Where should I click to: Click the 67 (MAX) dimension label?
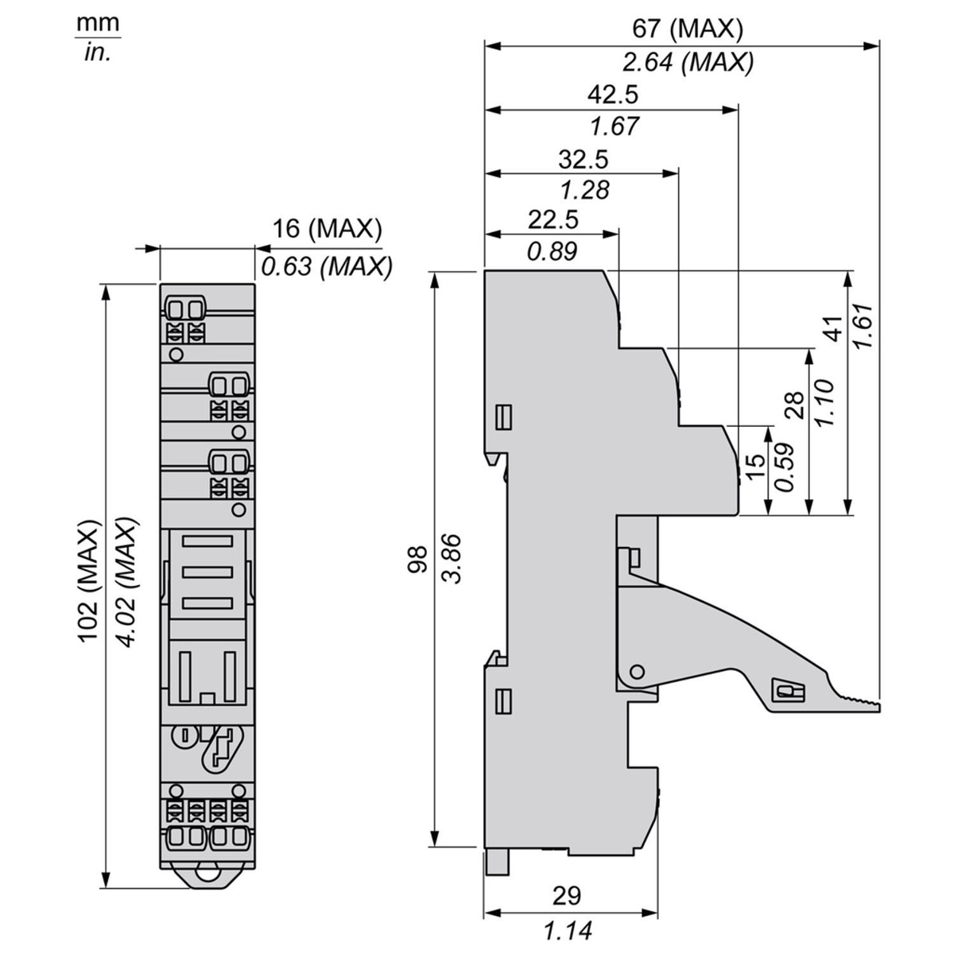coord(687,29)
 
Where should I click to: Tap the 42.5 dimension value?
coord(613,95)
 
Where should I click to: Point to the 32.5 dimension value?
coord(583,160)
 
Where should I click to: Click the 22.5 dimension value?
coord(553,219)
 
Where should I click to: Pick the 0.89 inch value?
coord(552,251)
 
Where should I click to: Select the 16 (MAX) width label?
coord(328,230)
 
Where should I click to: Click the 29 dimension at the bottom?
coord(566,895)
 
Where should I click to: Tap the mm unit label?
coord(98,24)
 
